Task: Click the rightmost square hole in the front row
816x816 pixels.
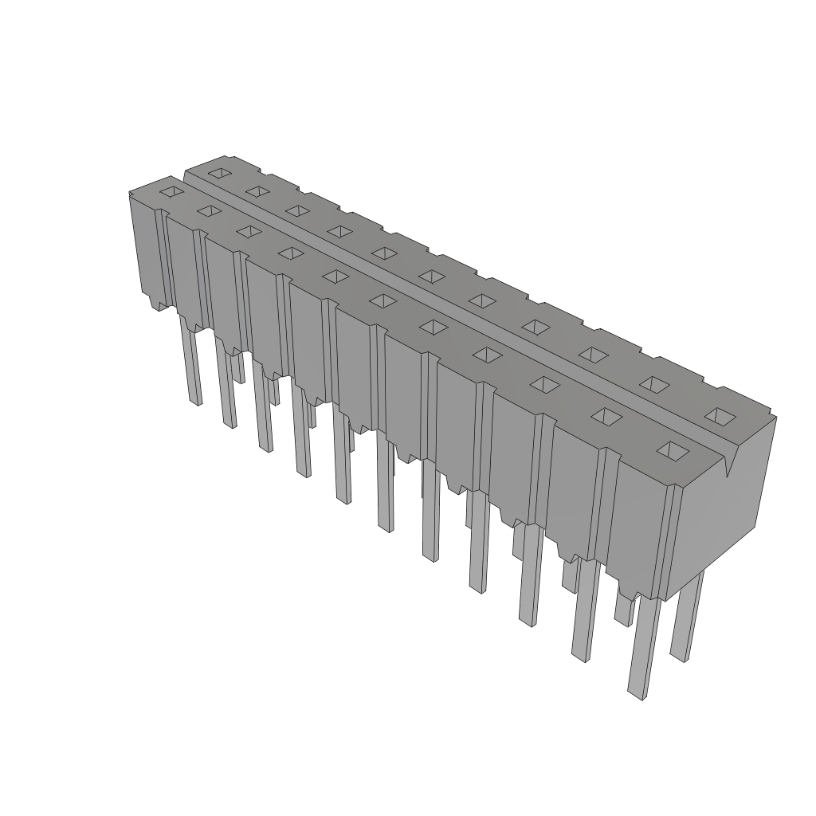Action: point(673,450)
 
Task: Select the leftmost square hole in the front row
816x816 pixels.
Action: point(171,192)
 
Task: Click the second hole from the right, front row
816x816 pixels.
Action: point(607,416)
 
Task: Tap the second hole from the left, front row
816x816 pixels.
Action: point(209,210)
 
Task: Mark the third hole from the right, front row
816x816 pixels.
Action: point(544,385)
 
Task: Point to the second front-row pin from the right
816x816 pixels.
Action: point(585,610)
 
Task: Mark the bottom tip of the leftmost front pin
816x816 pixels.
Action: point(195,401)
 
